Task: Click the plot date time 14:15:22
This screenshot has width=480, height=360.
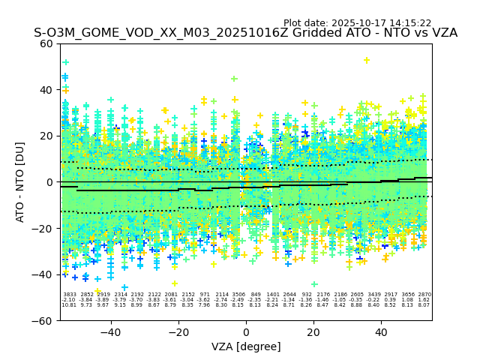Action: coord(409,23)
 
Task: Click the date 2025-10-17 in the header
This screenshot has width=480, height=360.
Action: coord(358,23)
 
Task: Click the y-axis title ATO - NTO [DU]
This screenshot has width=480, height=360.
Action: coord(21,181)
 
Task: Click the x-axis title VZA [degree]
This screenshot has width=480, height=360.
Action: coord(246,346)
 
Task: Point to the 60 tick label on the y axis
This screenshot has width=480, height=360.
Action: coord(46,43)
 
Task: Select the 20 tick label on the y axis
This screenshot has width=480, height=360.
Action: coord(46,136)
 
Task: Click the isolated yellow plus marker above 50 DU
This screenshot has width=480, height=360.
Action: coord(366,61)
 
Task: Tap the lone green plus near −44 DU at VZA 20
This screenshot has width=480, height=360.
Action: coord(314,284)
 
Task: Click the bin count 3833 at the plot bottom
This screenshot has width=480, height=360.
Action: coord(69,295)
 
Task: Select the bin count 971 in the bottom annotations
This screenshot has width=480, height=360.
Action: coord(205,295)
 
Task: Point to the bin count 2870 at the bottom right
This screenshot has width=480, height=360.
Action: coord(424,295)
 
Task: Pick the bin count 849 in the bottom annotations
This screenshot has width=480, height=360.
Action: coord(256,295)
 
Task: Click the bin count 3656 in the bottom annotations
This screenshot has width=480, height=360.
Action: coord(408,295)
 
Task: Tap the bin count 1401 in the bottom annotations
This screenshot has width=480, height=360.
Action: coord(272,295)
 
